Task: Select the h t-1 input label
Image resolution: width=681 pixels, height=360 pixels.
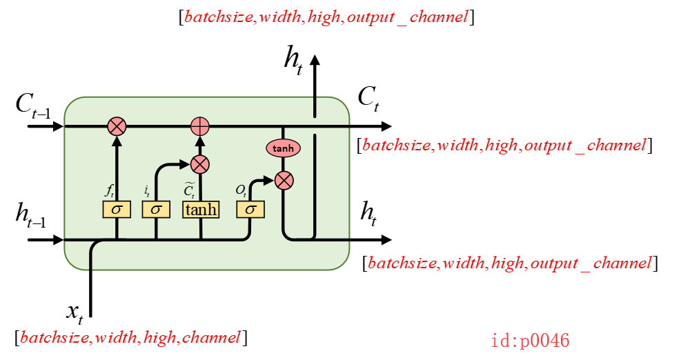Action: pos(31,215)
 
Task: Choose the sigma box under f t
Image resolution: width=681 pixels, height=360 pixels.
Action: pos(117,209)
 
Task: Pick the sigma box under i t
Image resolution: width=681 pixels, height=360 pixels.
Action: pos(156,209)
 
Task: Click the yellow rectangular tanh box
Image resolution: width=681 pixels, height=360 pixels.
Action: pos(201,209)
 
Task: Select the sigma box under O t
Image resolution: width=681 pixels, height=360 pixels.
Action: pos(250,209)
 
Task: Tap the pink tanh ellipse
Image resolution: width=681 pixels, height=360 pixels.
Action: pos(283,148)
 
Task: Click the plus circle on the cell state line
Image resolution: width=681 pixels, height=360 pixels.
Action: pos(199,126)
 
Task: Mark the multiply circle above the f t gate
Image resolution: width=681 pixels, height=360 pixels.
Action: pos(117,126)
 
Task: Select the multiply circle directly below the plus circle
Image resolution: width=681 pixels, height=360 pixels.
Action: pos(199,164)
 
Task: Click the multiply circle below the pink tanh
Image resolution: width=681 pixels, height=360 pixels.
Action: pos(284,181)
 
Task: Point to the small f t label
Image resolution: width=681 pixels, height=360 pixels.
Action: pos(109,190)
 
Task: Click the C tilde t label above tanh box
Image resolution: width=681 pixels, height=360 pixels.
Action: pos(190,189)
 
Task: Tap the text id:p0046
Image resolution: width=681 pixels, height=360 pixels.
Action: pos(530,341)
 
